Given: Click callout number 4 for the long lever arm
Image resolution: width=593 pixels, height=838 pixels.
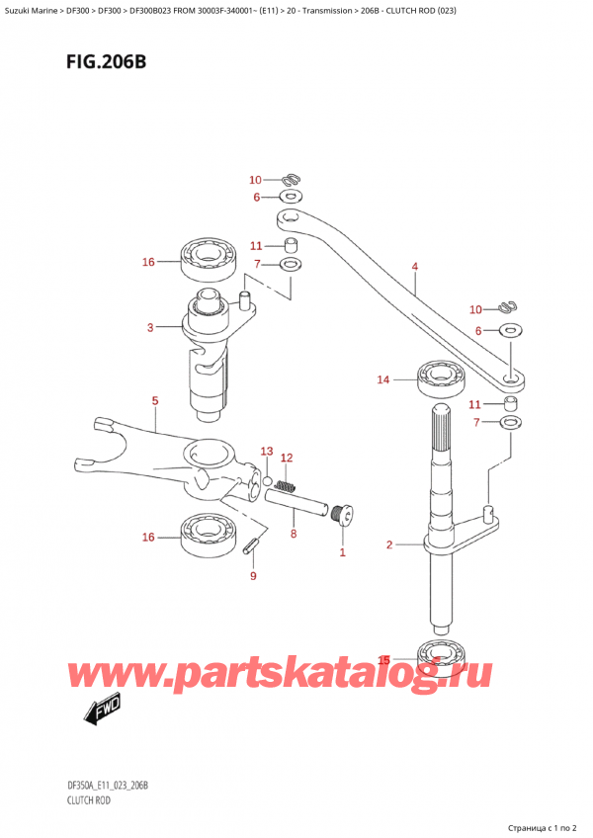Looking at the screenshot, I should click(x=415, y=266).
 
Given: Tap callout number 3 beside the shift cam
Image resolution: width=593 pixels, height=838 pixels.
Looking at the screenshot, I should click(x=149, y=327).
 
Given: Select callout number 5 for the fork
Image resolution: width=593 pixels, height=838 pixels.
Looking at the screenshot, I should click(x=154, y=400).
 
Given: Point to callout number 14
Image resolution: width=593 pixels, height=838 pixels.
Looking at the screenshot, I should click(x=382, y=378).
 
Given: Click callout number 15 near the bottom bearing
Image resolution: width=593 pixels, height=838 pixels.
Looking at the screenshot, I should click(x=385, y=659).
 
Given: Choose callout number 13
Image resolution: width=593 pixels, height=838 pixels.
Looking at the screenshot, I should click(x=265, y=452).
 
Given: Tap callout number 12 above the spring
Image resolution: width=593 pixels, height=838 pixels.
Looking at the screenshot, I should click(x=288, y=458).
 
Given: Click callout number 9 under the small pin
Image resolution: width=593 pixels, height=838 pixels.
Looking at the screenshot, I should click(x=253, y=576).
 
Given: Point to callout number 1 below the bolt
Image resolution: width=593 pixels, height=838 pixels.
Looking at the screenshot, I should click(x=343, y=552).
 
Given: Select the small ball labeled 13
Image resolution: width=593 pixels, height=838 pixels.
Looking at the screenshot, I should click(x=268, y=479).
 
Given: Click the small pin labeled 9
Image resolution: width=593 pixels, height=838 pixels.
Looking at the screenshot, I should click(x=254, y=544).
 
